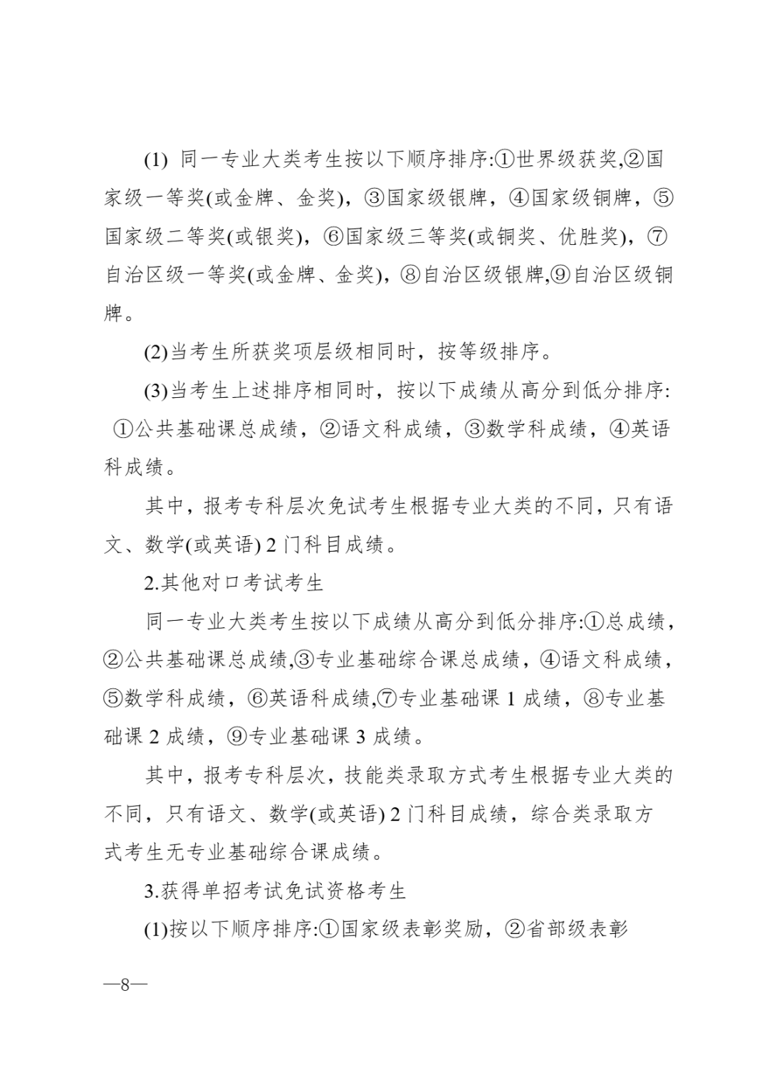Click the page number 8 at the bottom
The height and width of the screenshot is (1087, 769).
125,985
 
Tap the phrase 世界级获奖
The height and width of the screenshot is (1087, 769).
566,159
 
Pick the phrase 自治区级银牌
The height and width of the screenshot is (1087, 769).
483,275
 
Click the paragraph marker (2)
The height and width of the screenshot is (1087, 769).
156,352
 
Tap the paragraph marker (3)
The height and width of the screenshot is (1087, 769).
156,391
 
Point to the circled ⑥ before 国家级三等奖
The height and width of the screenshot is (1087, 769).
334,236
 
